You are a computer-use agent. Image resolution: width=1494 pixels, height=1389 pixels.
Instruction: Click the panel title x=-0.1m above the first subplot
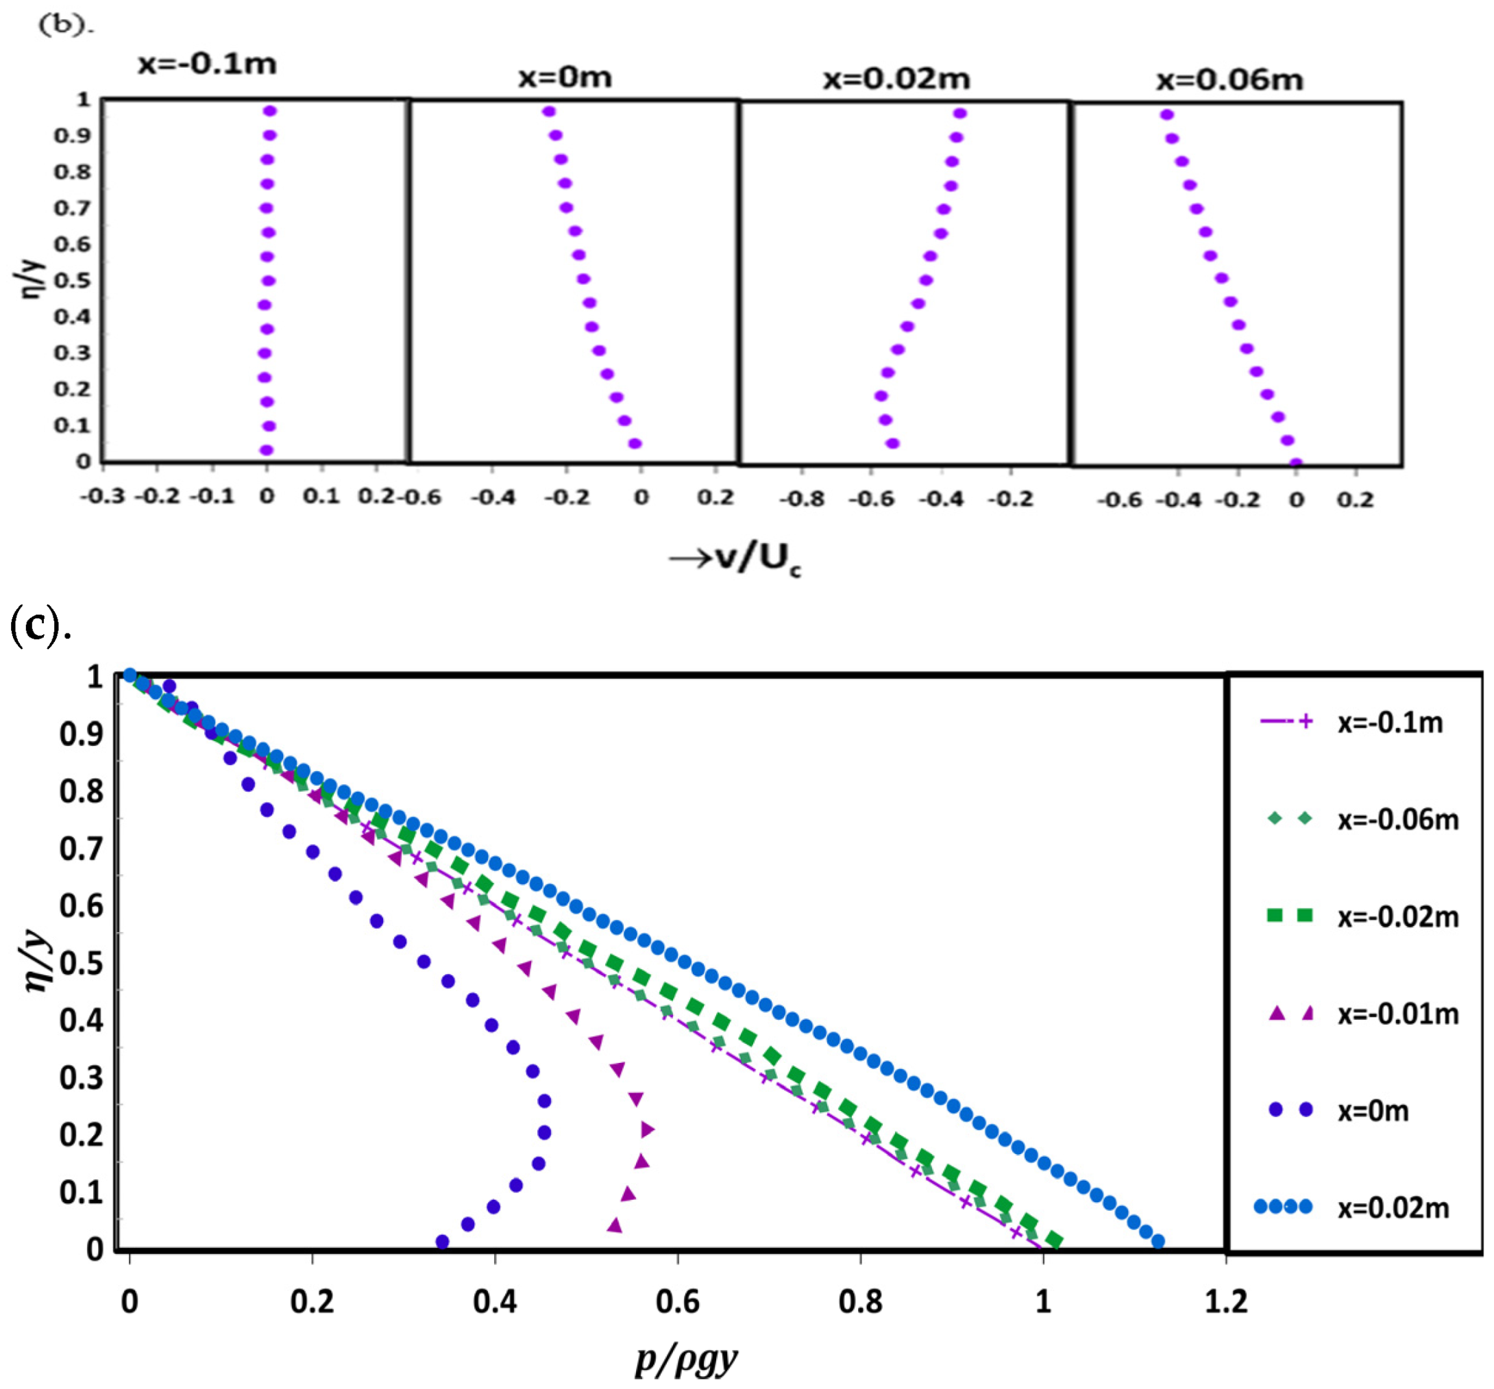coord(207,64)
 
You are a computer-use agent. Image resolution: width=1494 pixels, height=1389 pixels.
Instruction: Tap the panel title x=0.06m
coord(1229,80)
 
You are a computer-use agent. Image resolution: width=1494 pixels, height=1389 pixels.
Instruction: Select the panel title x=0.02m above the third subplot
coord(896,79)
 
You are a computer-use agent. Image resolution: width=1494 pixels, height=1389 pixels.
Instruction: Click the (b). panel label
coord(66,25)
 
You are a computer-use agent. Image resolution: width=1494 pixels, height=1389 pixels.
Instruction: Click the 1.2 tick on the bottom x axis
coord(1226,1301)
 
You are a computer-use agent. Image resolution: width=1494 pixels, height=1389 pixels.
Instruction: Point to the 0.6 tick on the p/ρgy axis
coord(677,1301)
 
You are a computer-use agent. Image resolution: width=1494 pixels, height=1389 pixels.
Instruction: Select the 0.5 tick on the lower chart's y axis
coord(81,963)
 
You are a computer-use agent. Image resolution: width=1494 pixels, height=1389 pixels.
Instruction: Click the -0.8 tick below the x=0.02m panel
coord(801,499)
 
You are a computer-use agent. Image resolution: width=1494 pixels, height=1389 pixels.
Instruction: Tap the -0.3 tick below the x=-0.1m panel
coord(103,497)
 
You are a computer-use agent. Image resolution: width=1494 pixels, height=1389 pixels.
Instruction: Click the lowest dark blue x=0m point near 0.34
coord(443,1242)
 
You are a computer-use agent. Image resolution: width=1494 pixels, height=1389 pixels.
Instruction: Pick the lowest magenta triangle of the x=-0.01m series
coord(615,1225)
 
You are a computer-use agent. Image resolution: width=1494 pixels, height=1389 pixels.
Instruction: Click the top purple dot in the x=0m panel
coord(549,111)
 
